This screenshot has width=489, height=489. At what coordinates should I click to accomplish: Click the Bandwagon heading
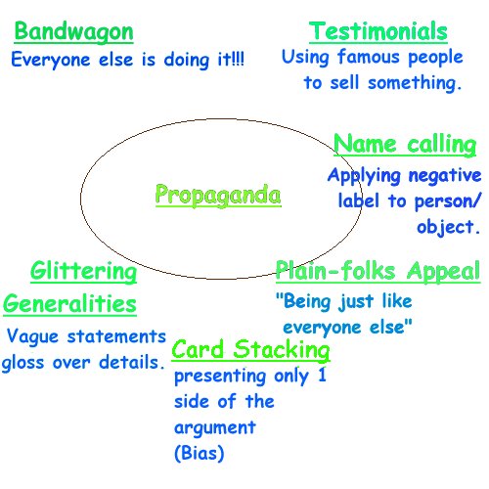[74, 32]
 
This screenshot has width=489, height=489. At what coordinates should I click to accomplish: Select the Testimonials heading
[378, 31]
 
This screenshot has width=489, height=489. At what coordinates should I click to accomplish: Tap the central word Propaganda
[218, 196]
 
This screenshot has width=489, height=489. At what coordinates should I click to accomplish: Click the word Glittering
[84, 271]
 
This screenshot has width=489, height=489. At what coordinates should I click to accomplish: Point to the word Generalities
[69, 304]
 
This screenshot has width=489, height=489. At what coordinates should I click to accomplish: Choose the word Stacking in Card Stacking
[282, 350]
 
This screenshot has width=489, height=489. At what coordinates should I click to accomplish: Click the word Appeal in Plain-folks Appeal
[443, 271]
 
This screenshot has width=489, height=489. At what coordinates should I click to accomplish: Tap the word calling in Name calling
[442, 145]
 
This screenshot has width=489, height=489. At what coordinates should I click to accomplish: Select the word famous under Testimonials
[369, 57]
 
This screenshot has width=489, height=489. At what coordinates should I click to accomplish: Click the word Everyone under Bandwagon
[51, 60]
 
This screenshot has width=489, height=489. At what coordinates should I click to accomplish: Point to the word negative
[445, 176]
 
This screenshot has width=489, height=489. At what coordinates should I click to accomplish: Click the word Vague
[32, 336]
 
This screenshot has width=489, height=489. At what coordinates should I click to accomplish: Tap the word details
[129, 363]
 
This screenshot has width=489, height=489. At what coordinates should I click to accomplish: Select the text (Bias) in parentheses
[200, 453]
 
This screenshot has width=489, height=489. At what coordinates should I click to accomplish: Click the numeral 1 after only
[322, 375]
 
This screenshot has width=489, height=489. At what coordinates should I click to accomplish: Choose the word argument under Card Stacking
[215, 428]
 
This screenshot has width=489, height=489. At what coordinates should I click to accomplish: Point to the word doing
[187, 61]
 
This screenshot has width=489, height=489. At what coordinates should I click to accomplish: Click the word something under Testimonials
[413, 83]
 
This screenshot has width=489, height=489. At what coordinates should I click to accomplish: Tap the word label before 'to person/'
[359, 200]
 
